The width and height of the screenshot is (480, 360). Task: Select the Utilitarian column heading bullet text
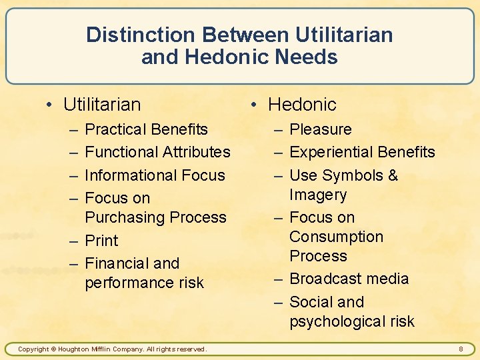click(102, 105)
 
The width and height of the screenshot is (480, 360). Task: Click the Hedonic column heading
click(302, 105)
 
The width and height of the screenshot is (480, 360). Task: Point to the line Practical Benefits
click(147, 129)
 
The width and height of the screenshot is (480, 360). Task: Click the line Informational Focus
click(155, 175)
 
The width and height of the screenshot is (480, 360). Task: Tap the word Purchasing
click(124, 217)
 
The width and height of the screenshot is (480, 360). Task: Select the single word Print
click(101, 241)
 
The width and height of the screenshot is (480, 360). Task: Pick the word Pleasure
click(321, 129)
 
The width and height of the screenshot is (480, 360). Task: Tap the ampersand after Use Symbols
click(393, 175)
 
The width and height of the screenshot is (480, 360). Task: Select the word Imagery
click(318, 195)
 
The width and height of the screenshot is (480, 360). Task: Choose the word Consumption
click(336, 237)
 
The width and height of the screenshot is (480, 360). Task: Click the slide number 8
click(461, 349)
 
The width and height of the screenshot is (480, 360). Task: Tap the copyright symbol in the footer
click(54, 349)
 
